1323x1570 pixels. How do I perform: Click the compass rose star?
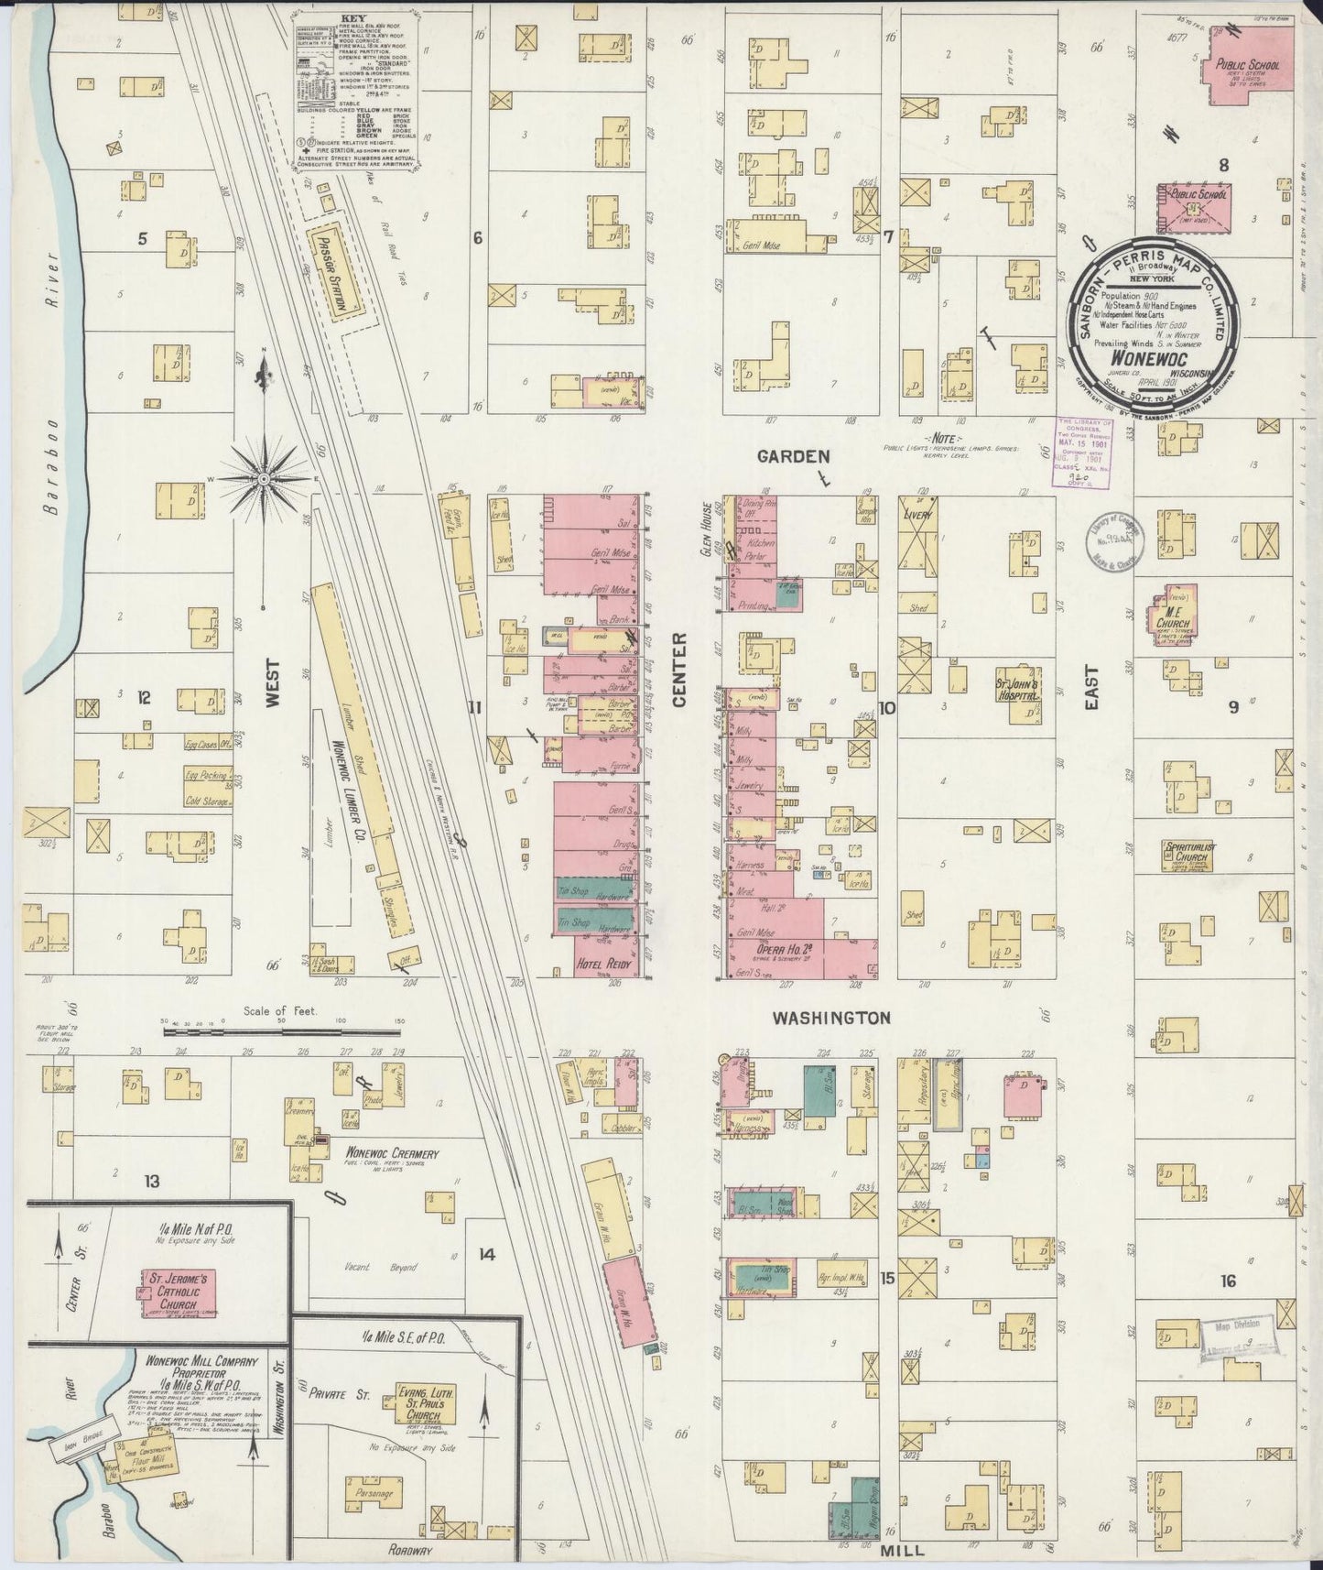(264, 478)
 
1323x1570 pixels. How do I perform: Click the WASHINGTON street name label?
(830, 1018)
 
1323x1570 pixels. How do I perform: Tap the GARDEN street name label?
(793, 455)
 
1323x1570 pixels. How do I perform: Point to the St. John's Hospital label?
(1018, 689)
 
